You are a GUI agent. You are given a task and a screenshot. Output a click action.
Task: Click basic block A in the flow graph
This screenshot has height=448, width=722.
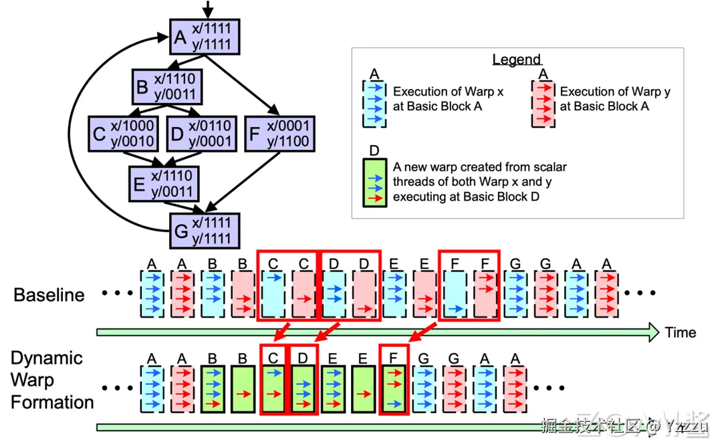[x=205, y=37]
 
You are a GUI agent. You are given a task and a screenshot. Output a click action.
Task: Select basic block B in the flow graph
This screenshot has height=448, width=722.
[x=166, y=86]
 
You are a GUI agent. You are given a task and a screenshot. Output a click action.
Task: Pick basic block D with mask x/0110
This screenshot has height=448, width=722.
[x=201, y=134]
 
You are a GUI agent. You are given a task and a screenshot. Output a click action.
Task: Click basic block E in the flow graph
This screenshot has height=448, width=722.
[x=164, y=183]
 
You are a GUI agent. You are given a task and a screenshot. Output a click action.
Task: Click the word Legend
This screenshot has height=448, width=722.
[x=517, y=60]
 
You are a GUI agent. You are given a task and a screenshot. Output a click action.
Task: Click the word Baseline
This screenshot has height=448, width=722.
[x=49, y=295]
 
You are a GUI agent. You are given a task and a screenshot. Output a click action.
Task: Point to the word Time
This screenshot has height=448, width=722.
[x=681, y=332]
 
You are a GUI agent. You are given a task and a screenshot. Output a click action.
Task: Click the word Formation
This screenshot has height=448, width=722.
[x=52, y=403]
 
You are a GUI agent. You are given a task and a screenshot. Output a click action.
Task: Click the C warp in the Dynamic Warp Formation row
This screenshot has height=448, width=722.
[x=273, y=388]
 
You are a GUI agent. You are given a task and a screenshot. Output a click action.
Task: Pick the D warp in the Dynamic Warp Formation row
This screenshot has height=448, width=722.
[x=303, y=388]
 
